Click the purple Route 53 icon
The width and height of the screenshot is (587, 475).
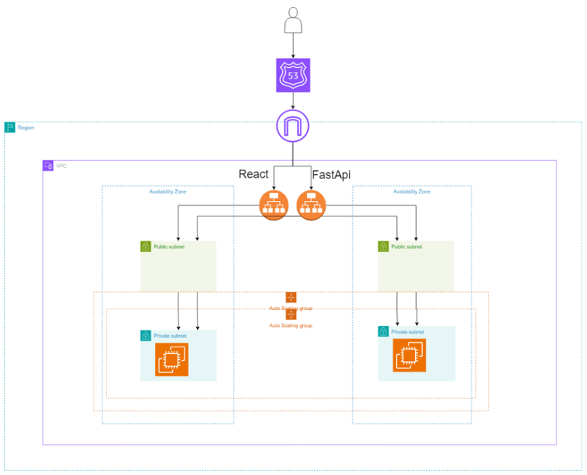click(292, 75)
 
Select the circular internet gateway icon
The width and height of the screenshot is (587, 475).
click(292, 127)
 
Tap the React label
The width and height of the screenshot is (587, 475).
click(253, 174)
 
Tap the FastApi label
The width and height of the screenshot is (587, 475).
click(330, 174)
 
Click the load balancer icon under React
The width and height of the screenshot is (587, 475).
click(273, 202)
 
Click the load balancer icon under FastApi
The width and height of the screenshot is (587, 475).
click(311, 202)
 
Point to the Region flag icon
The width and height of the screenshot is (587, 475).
click(10, 127)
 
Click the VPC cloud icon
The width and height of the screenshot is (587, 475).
click(48, 166)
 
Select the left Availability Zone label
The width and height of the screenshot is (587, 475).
click(168, 191)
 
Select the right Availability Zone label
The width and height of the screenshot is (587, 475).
click(412, 191)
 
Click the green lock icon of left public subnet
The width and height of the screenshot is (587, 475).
click(145, 246)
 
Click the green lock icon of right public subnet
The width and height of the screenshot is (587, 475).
click(383, 246)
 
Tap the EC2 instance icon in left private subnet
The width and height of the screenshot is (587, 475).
click(173, 358)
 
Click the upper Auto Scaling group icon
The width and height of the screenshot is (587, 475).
click(291, 297)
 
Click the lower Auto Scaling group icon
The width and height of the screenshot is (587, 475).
click(291, 315)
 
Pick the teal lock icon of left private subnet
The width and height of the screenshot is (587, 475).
click(145, 335)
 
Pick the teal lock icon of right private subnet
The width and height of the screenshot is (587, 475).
click(383, 332)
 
